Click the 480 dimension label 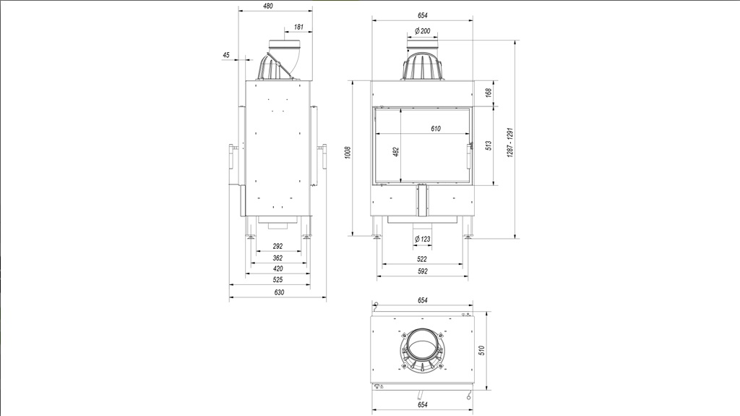(x=268, y=6)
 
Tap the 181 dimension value (x=298, y=27)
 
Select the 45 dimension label (x=226, y=55)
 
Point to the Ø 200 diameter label (x=422, y=30)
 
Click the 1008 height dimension (x=348, y=152)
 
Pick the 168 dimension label (x=489, y=92)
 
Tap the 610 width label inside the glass (x=436, y=129)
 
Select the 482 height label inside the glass (x=396, y=152)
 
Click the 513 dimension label (x=489, y=145)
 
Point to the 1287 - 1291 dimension (x=510, y=143)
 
